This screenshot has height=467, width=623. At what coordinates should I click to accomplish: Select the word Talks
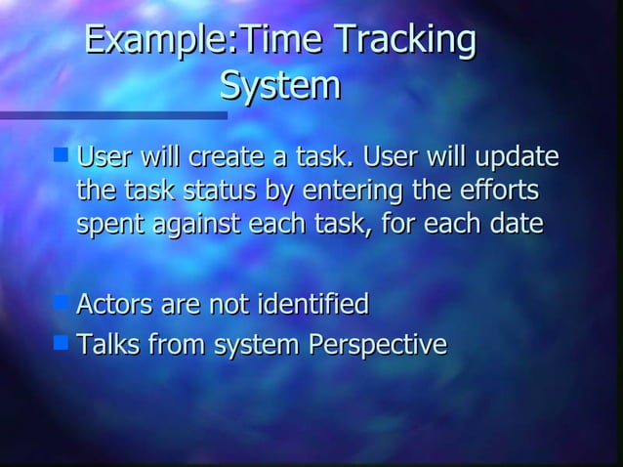[106, 345]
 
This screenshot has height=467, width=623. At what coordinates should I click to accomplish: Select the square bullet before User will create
[61, 154]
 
